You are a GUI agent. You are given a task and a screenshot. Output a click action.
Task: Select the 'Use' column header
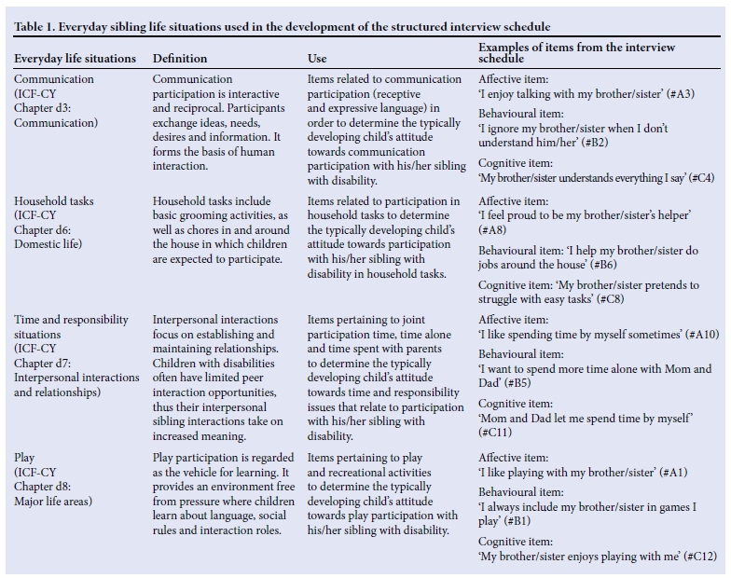[x=317, y=59]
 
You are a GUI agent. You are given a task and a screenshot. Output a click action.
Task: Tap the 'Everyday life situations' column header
[x=75, y=59]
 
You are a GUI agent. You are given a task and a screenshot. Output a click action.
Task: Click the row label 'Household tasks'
[x=54, y=200]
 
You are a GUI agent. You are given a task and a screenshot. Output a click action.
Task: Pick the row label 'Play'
[x=25, y=458]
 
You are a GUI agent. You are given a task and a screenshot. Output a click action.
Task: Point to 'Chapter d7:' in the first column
[x=47, y=363]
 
